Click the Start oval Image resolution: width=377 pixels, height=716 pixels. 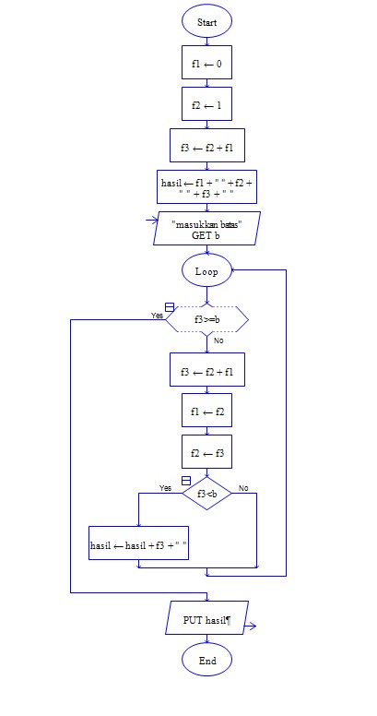coord(206,21)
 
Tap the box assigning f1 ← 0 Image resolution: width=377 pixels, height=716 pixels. coord(206,63)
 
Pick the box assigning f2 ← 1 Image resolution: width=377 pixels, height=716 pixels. coord(206,104)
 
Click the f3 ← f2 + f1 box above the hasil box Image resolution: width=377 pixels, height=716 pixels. coord(207,146)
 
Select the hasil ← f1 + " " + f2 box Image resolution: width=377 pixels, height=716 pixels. coord(206,187)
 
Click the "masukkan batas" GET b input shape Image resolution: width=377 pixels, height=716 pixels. coord(206,228)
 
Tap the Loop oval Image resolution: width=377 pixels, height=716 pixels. coord(206,270)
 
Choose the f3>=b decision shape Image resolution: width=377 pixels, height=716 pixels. coord(206,319)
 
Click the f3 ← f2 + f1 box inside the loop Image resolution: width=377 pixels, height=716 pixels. coord(207,370)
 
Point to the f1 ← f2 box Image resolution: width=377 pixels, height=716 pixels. coord(206,411)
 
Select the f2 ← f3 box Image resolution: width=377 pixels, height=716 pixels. coord(206,452)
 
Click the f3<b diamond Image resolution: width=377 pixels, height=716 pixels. coord(206,493)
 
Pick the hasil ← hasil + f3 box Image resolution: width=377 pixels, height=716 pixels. coord(139,543)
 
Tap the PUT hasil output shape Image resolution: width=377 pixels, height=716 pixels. coord(206,618)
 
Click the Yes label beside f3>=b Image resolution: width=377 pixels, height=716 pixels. coord(157,316)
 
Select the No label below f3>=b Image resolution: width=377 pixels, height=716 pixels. coord(218,340)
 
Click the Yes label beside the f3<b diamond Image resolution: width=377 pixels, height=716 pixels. coord(165,488)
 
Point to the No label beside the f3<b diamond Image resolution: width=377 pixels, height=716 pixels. coord(243,488)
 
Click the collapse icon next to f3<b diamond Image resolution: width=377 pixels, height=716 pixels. coord(186,481)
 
